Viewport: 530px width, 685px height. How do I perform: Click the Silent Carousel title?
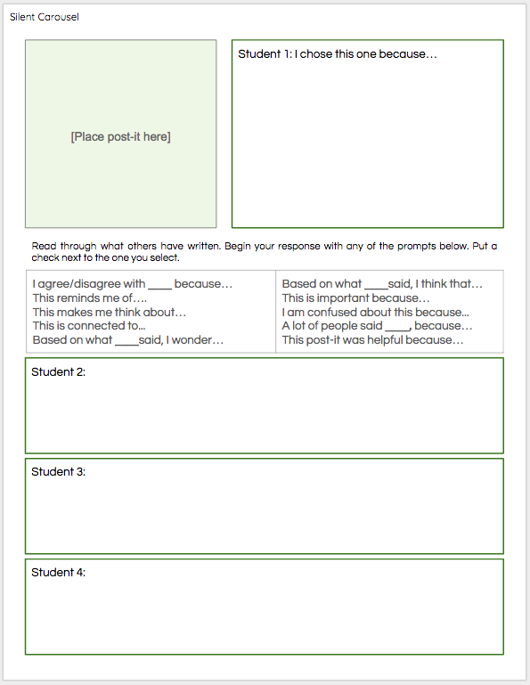click(x=44, y=17)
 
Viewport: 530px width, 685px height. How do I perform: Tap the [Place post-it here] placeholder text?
click(x=120, y=136)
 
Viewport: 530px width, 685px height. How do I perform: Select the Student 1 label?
click(x=264, y=54)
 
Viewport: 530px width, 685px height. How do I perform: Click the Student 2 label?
click(x=58, y=371)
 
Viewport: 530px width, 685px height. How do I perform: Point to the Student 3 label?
click(x=58, y=471)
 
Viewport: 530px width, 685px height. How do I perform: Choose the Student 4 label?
click(x=58, y=572)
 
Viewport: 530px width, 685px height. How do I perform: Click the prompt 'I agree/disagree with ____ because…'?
click(x=132, y=284)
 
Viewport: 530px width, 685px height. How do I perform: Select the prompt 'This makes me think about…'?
click(x=110, y=312)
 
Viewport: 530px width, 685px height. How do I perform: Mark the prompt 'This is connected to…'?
click(x=89, y=326)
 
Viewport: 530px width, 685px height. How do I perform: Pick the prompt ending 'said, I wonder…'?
click(x=127, y=339)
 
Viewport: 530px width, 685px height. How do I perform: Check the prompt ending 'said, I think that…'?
click(x=382, y=284)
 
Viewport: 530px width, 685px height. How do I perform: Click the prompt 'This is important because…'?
click(x=355, y=298)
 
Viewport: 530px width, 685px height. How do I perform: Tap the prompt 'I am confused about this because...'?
click(x=375, y=312)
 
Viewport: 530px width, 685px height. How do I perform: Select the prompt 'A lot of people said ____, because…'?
click(x=377, y=326)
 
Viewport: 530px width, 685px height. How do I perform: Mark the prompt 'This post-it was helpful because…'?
click(x=372, y=339)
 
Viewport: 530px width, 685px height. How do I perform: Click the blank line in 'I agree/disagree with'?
click(x=159, y=286)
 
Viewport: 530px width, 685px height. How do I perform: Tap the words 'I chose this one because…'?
click(x=367, y=54)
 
